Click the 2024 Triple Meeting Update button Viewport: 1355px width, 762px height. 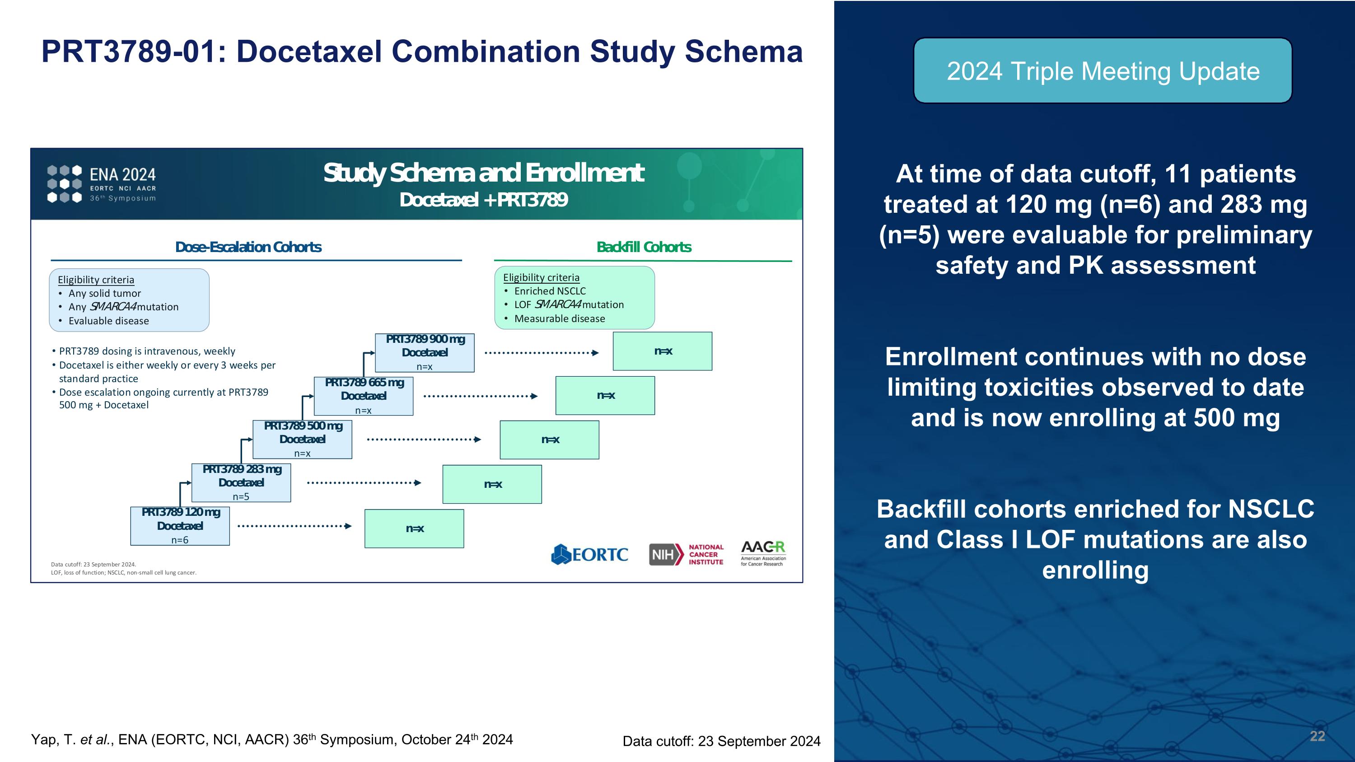coord(1103,70)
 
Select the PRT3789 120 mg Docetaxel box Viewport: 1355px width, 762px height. coord(180,525)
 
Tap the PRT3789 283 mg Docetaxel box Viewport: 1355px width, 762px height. coord(241,482)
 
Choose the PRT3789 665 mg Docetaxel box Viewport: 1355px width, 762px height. coord(363,396)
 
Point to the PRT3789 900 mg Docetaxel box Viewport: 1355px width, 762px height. coord(425,352)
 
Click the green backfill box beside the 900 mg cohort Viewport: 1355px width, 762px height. coord(662,351)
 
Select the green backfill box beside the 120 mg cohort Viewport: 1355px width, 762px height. coord(414,528)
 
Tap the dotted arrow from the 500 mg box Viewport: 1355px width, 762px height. coord(424,439)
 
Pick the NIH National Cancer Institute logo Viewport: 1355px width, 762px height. coord(686,554)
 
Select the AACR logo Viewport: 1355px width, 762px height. coord(763,553)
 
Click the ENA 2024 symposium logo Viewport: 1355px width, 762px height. coord(102,183)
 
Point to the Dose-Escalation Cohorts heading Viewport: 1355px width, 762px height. coord(248,247)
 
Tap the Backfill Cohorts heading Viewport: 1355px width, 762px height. coord(644,247)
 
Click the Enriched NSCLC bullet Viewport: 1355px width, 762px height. coord(550,291)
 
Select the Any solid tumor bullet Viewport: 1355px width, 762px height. coord(104,294)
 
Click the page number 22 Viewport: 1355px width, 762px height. coord(1317,736)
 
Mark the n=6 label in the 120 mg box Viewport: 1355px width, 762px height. coord(180,540)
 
